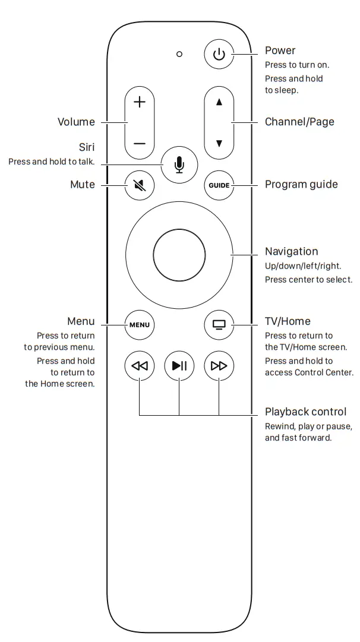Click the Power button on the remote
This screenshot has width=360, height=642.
click(x=219, y=55)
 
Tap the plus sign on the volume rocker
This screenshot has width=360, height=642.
click(x=140, y=102)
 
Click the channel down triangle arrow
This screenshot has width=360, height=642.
click(x=219, y=143)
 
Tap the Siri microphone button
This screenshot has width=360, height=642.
click(x=179, y=163)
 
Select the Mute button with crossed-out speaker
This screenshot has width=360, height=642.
click(x=140, y=185)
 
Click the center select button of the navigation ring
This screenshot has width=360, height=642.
click(x=179, y=255)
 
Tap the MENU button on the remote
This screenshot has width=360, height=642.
click(x=140, y=325)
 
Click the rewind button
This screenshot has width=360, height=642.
click(x=140, y=365)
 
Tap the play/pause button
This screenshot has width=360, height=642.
click(x=179, y=365)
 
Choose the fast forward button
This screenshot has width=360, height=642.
click(x=219, y=365)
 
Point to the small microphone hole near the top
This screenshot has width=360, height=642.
click(x=179, y=54)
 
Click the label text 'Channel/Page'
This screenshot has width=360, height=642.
click(x=299, y=122)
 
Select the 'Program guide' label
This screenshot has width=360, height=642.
click(x=301, y=185)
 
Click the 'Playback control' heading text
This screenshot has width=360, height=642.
click(x=305, y=412)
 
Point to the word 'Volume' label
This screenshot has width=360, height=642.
click(x=76, y=122)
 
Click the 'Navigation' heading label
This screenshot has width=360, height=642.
click(x=291, y=252)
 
